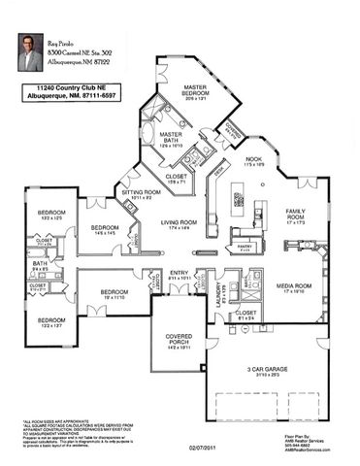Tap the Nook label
pyautogui.click(x=254, y=160)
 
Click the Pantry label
pyautogui.click(x=244, y=248)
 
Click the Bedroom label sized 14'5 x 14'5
pyautogui.click(x=105, y=229)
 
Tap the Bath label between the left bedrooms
pyautogui.click(x=40, y=264)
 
